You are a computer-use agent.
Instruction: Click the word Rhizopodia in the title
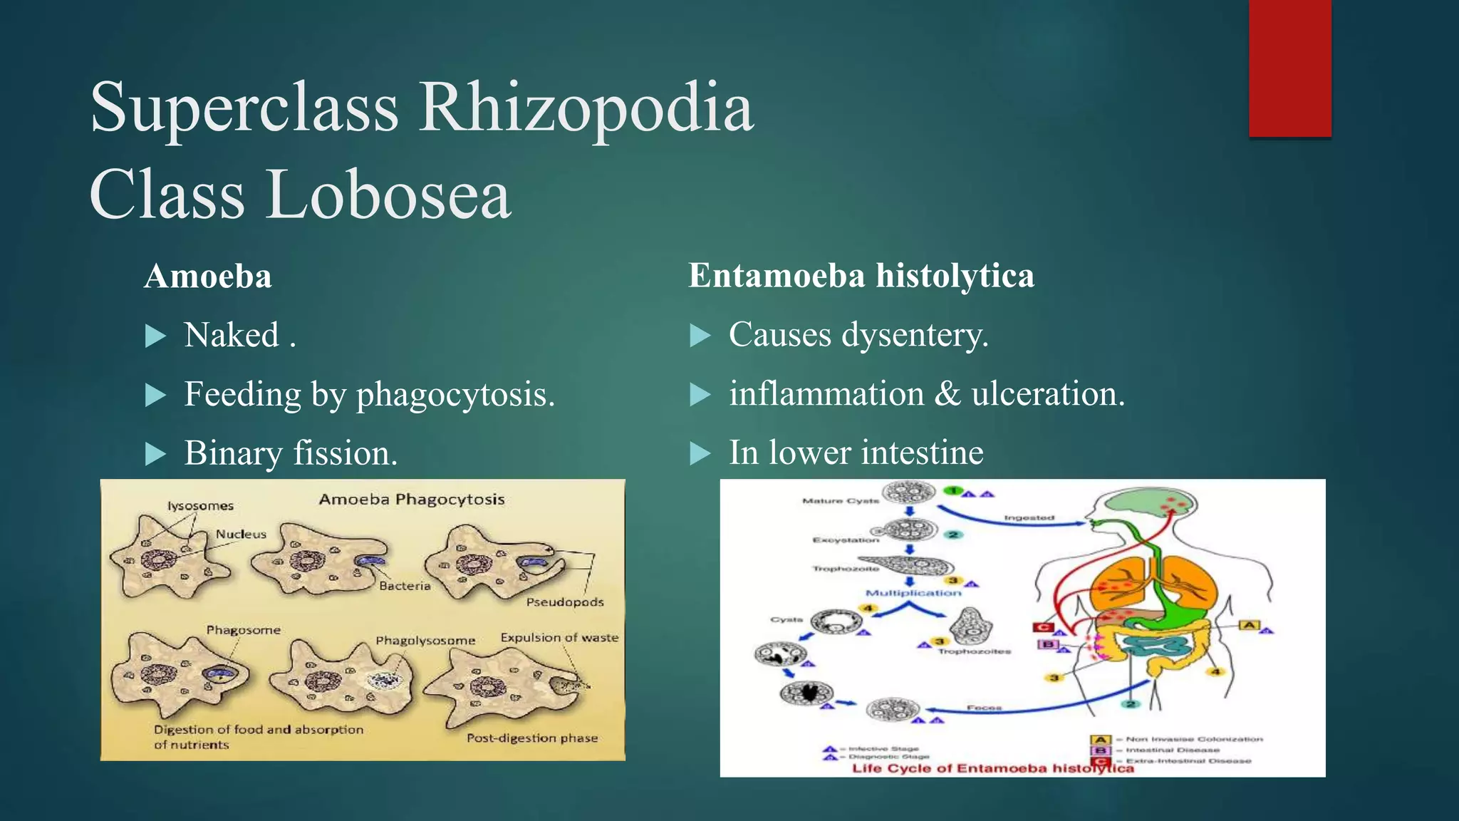tap(586, 108)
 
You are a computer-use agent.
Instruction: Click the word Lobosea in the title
tap(389, 195)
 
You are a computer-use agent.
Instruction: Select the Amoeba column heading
tap(207, 277)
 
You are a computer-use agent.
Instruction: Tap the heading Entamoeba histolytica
tap(861, 276)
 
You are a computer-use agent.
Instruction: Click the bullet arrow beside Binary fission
tap(155, 454)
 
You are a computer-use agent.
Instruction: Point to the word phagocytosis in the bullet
tap(455, 394)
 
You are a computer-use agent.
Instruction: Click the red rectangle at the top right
tap(1289, 68)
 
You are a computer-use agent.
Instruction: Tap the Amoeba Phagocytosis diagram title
tap(412, 500)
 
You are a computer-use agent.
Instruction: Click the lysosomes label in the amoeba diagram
tap(200, 506)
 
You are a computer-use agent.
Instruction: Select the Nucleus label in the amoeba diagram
tap(241, 534)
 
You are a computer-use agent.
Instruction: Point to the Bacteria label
tap(405, 586)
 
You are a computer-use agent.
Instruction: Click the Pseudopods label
tap(565, 602)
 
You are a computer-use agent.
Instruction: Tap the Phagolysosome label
tap(425, 641)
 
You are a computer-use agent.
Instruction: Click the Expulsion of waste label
tap(559, 638)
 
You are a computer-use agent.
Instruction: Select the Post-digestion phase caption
tap(532, 738)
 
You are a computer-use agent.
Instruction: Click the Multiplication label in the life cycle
tap(913, 593)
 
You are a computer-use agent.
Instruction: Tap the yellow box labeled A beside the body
tap(1250, 625)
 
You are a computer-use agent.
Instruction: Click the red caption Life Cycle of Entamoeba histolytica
tap(992, 768)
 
